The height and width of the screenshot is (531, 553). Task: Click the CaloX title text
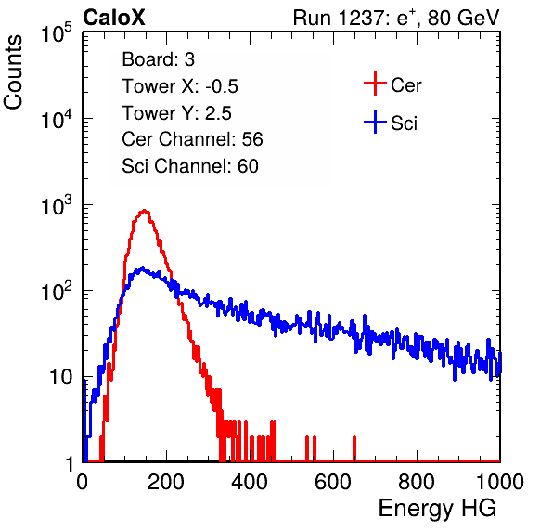(x=114, y=18)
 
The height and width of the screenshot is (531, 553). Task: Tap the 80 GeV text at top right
(x=464, y=18)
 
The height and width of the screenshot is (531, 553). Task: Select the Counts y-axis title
(x=13, y=72)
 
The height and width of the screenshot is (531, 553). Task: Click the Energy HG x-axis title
(x=437, y=509)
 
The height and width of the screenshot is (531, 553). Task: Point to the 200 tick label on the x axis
(x=166, y=481)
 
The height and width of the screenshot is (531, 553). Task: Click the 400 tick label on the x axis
(x=250, y=481)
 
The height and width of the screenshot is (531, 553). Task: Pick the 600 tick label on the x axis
(x=333, y=481)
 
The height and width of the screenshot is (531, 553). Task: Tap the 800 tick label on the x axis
(x=417, y=481)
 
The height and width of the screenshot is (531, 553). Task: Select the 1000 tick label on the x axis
(x=500, y=481)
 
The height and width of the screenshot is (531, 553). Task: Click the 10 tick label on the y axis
(x=60, y=377)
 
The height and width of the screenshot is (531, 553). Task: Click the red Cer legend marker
(x=375, y=84)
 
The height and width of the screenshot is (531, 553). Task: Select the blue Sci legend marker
(x=375, y=123)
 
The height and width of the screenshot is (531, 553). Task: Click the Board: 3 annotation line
(x=158, y=59)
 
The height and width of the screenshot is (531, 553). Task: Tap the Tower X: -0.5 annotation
(x=180, y=86)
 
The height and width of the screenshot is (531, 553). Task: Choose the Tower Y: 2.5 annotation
(x=176, y=113)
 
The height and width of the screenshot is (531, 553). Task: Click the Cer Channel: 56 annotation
(x=192, y=139)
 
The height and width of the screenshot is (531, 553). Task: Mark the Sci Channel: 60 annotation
(x=190, y=166)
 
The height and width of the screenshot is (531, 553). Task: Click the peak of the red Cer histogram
(x=144, y=211)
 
